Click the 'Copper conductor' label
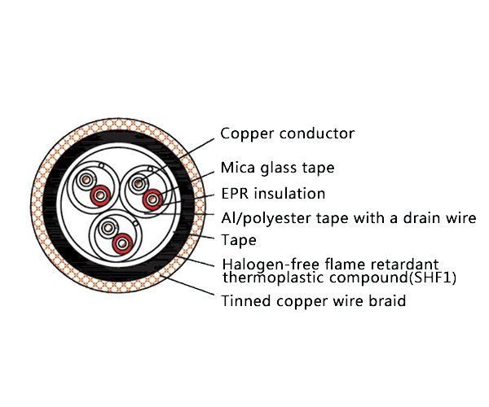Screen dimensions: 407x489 pyautogui.click(x=288, y=133)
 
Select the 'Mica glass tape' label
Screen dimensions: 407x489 pyautogui.click(x=277, y=168)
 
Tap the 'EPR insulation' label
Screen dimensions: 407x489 pyautogui.click(x=273, y=194)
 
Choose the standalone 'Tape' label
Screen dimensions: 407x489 pyautogui.click(x=239, y=240)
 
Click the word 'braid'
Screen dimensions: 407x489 pyautogui.click(x=386, y=302)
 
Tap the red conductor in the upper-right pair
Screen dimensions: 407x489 pyautogui.click(x=152, y=199)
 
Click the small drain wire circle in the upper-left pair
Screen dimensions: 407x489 pyautogui.click(x=100, y=168)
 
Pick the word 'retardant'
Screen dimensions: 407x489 pyautogui.click(x=403, y=264)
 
